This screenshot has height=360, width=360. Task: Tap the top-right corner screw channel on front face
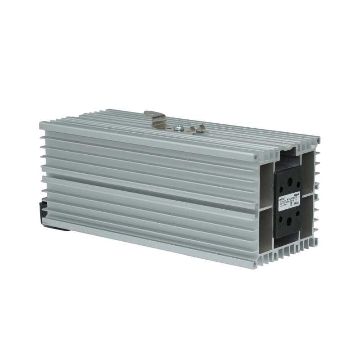click(x=318, y=140)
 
